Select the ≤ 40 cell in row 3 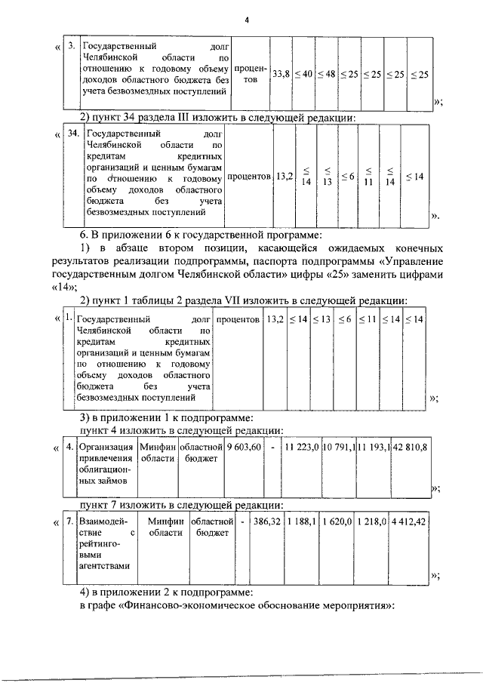pyautogui.click(x=303, y=74)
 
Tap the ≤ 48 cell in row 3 pyautogui.click(x=325, y=74)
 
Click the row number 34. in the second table pyautogui.click(x=73, y=133)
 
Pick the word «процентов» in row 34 pyautogui.click(x=248, y=177)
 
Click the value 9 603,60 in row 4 pyautogui.click(x=244, y=448)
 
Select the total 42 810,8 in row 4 pyautogui.click(x=410, y=448)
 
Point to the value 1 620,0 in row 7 pyautogui.click(x=338, y=521)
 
